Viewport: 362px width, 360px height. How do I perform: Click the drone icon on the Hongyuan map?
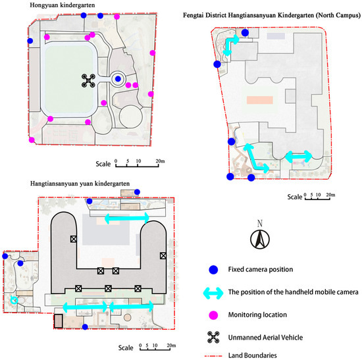click(x=88, y=80)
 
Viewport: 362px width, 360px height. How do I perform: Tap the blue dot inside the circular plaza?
click(x=118, y=79)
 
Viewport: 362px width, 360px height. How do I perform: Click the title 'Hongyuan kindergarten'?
click(x=63, y=5)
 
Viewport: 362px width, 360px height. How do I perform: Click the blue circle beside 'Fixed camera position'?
click(x=213, y=269)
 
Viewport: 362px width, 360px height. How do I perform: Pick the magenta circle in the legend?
click(x=213, y=315)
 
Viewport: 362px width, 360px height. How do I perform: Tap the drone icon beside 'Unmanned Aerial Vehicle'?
click(x=213, y=338)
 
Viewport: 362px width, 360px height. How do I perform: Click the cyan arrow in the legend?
click(x=213, y=293)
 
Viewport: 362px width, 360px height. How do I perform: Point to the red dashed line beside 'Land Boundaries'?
click(x=213, y=356)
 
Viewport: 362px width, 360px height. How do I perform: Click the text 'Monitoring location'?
click(x=257, y=315)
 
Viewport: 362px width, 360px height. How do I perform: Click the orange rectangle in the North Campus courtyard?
click(x=260, y=100)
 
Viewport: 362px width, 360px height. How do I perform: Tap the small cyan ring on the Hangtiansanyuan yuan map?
click(x=14, y=300)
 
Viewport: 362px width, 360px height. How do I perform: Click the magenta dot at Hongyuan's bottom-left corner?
click(x=32, y=140)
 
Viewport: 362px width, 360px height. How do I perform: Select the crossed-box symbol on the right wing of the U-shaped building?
click(x=163, y=255)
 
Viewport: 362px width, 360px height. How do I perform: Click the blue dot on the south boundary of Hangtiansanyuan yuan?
click(x=85, y=326)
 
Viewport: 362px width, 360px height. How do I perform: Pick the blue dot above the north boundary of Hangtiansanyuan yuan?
click(x=137, y=192)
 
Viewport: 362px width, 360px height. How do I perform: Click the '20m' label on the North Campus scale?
click(x=330, y=195)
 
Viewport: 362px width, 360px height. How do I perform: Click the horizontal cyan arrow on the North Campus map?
click(x=299, y=157)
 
